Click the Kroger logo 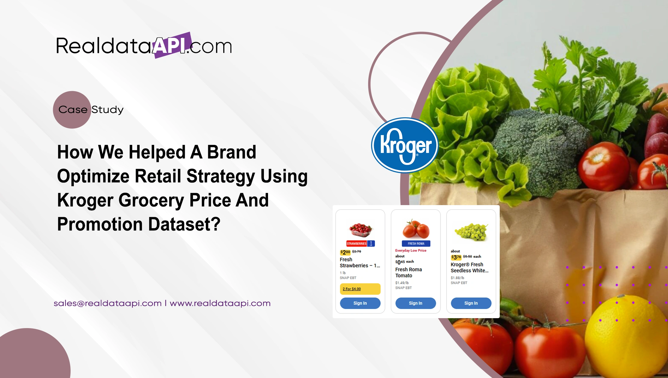(x=405, y=145)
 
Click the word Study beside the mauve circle (x=107, y=110)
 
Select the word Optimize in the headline (x=93, y=176)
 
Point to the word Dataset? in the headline (x=184, y=224)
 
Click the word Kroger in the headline (x=85, y=200)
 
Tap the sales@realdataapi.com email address (x=108, y=303)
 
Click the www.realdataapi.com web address (x=220, y=303)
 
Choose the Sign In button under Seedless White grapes (x=471, y=303)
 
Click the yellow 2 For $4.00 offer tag (x=360, y=289)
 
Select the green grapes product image (x=471, y=232)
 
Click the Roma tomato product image (x=416, y=229)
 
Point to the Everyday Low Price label (x=410, y=250)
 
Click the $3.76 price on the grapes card (x=456, y=257)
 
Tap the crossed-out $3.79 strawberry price (x=356, y=251)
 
